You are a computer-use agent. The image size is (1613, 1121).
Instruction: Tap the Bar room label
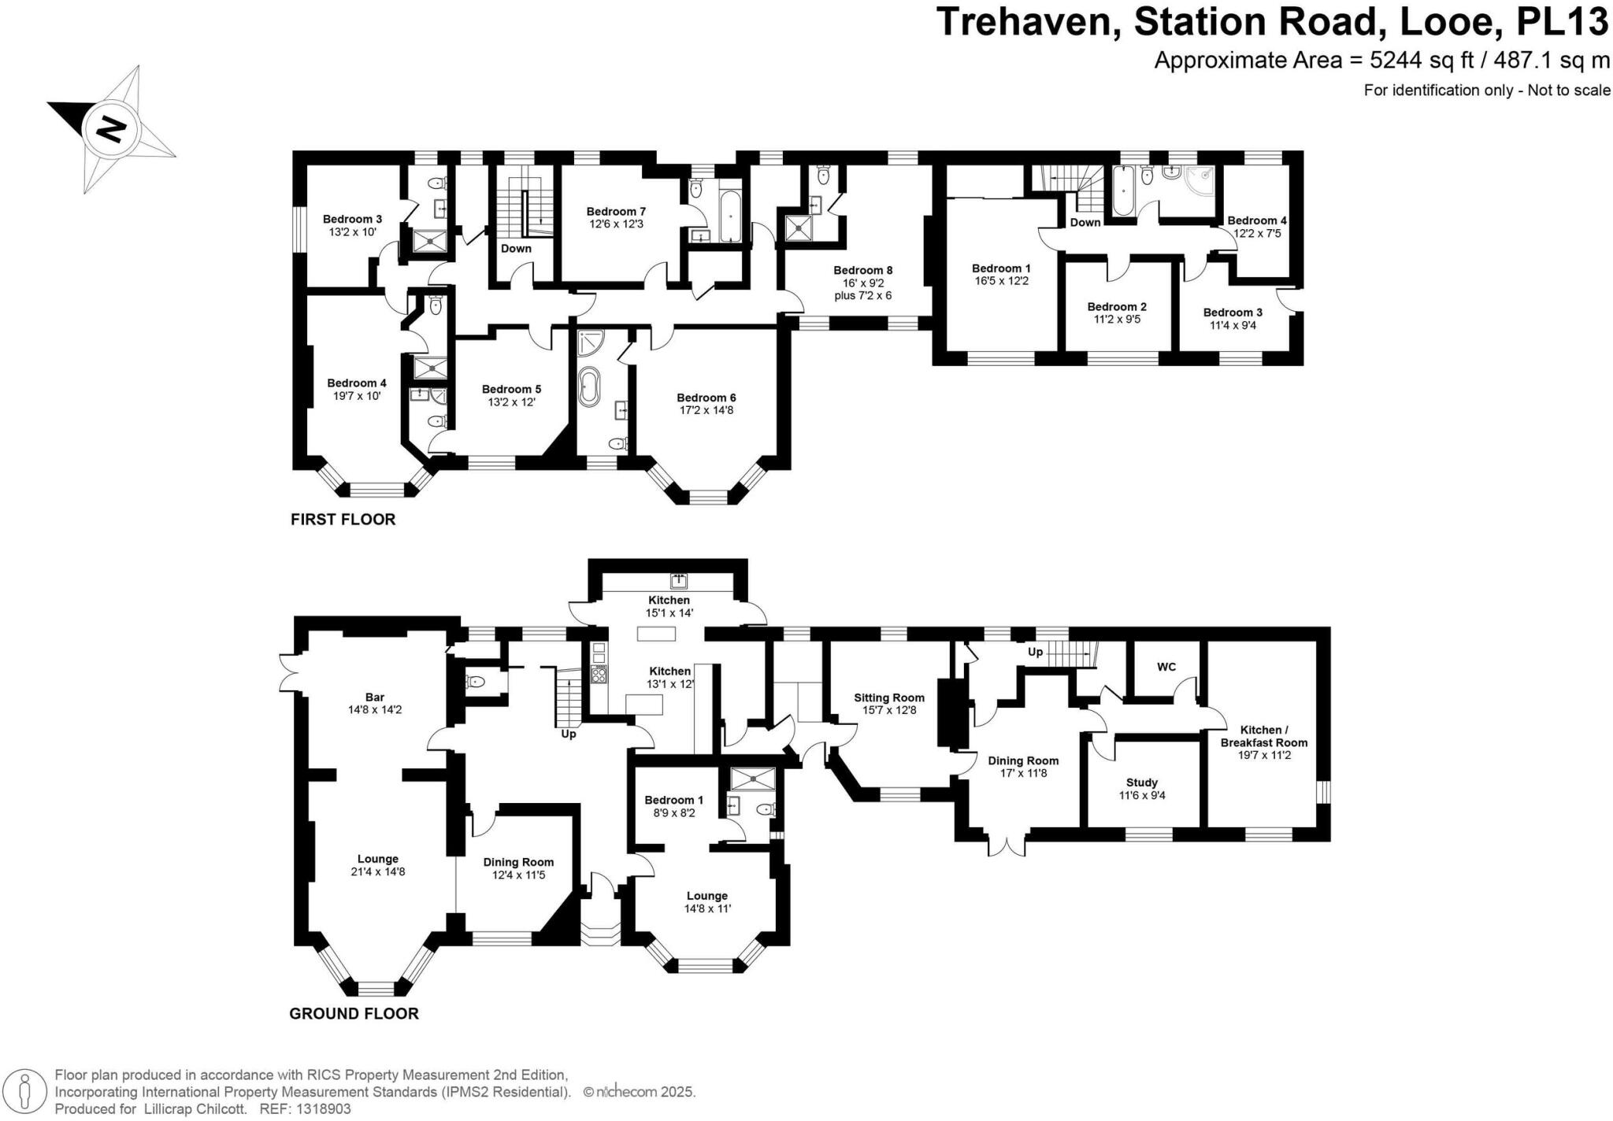point(375,697)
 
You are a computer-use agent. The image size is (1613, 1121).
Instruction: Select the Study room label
point(1141,782)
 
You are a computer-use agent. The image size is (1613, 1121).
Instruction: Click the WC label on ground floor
point(1166,667)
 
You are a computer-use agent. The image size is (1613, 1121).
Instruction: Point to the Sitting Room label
point(889,697)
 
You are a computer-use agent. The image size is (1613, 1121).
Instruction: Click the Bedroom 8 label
point(863,270)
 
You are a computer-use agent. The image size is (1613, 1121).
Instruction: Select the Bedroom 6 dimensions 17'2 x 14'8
point(706,410)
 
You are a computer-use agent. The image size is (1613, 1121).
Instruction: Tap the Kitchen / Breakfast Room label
point(1263,736)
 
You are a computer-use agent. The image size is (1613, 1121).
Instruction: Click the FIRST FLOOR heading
point(343,520)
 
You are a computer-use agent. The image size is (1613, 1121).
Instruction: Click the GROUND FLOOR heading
point(354,1013)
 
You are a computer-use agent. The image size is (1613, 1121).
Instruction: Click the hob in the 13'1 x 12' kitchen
point(599,674)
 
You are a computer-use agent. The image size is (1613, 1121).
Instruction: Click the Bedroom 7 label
point(616,211)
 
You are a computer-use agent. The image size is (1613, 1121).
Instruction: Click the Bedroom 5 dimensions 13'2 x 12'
point(511,401)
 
